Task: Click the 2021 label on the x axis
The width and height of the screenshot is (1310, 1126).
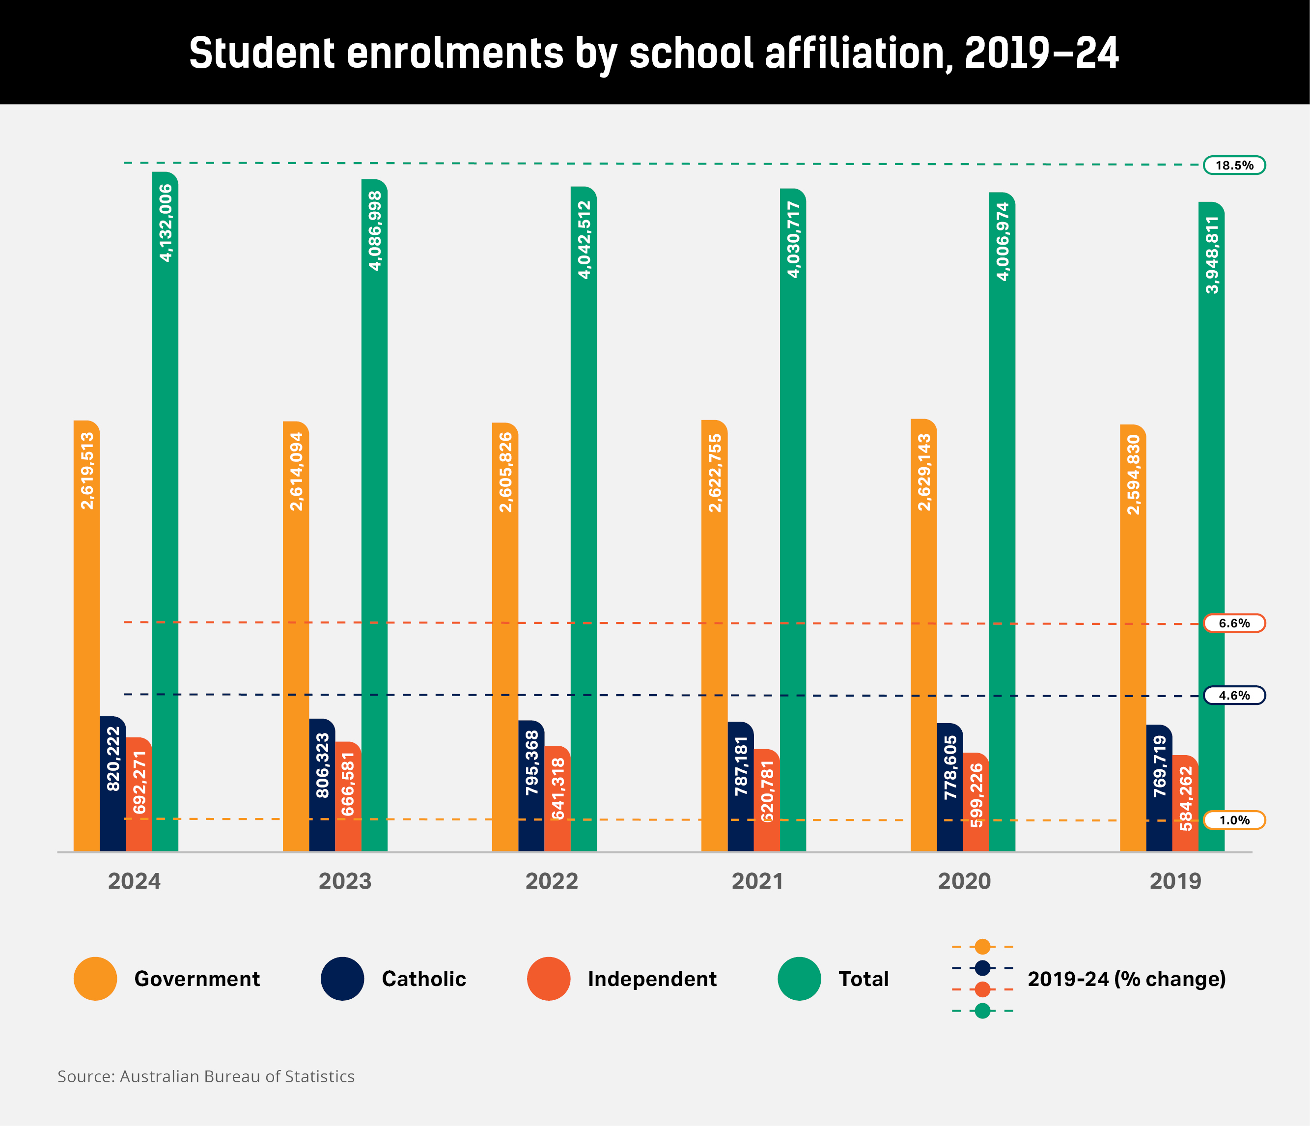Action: tap(757, 881)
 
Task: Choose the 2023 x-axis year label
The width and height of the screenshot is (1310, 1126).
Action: tap(345, 881)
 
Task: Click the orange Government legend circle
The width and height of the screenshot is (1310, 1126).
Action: tap(95, 979)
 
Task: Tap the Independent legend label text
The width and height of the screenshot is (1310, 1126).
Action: tap(652, 979)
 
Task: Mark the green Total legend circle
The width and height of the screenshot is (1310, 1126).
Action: tap(799, 979)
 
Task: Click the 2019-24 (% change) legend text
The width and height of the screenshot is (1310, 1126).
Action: tap(1126, 979)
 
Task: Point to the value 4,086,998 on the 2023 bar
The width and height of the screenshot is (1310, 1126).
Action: tap(374, 231)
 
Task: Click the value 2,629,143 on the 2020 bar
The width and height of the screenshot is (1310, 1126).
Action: tap(924, 472)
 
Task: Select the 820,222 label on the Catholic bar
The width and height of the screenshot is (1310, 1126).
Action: tap(113, 758)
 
